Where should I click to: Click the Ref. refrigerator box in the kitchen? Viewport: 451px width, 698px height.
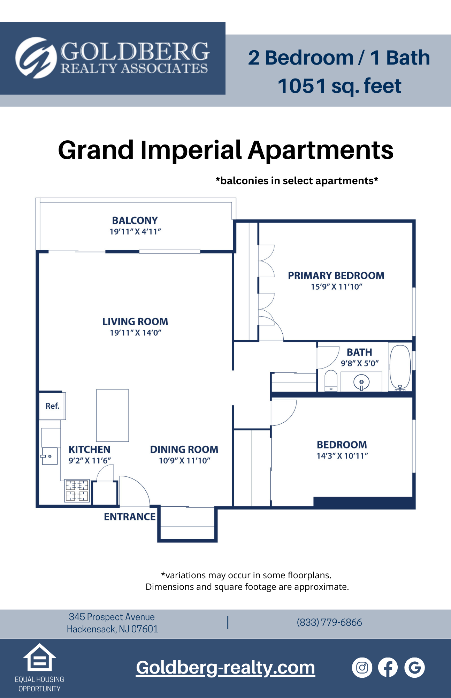(52, 406)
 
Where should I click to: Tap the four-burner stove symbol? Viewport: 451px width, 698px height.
(77, 491)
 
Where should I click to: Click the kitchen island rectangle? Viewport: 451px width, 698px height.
(112, 415)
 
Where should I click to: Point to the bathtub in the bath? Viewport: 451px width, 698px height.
(400, 367)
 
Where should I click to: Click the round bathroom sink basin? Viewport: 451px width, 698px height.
(361, 382)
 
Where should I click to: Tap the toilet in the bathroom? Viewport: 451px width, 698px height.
(331, 381)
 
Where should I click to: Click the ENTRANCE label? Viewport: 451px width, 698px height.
(130, 517)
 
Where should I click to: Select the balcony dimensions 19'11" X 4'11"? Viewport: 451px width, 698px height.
(135, 231)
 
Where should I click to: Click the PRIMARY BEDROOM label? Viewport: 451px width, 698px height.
(336, 276)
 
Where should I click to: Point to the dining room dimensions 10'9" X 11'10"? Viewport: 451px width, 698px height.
(184, 461)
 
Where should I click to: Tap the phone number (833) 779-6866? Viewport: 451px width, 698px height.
(329, 622)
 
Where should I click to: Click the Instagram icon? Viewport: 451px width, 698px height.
(362, 668)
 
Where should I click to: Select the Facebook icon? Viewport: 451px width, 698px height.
(388, 668)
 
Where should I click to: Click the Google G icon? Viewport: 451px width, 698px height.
(414, 668)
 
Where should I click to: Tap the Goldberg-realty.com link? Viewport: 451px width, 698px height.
(225, 668)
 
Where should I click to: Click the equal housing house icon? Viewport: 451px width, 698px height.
(39, 658)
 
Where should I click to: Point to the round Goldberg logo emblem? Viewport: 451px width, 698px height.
(36, 58)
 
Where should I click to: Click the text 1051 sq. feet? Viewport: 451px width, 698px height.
(339, 86)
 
